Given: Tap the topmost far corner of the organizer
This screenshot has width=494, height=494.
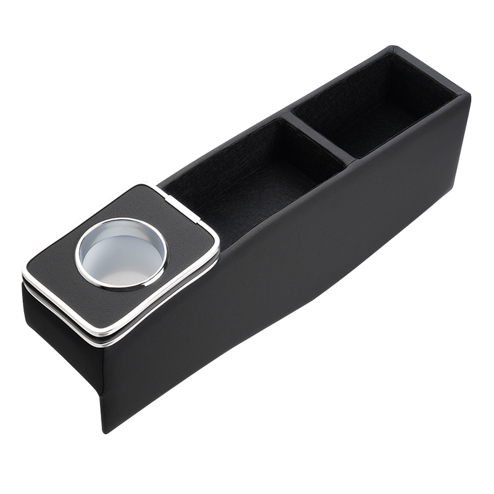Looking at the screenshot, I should pos(393,48).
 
